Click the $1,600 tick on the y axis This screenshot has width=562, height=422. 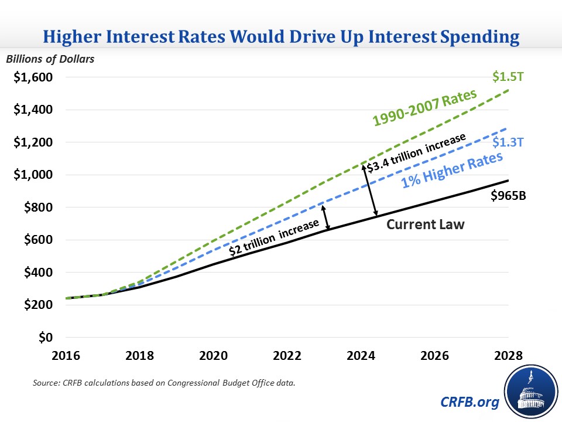tap(34, 77)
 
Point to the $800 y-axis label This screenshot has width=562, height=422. tap(38, 207)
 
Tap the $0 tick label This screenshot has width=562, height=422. tap(46, 338)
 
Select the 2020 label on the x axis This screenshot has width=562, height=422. tap(213, 356)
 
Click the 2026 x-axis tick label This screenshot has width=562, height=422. tap(434, 356)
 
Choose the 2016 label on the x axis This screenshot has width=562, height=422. tap(66, 356)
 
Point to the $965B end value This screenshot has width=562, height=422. tap(508, 196)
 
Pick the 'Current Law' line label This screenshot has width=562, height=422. tap(426, 224)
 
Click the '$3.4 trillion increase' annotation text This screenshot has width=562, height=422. tap(417, 154)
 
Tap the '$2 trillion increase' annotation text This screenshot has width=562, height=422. tap(273, 239)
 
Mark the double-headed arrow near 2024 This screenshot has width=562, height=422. tap(370, 189)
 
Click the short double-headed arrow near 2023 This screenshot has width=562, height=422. tap(325, 217)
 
